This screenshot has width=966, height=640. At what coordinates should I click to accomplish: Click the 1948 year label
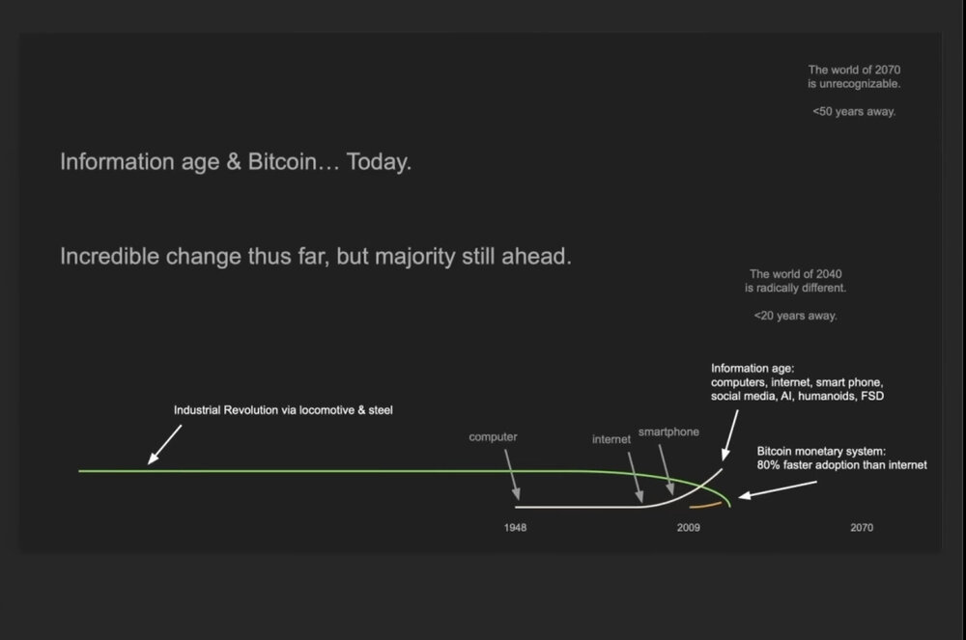tap(515, 527)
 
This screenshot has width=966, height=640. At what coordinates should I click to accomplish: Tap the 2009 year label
tap(688, 527)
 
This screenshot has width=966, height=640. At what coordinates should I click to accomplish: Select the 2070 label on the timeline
tap(862, 527)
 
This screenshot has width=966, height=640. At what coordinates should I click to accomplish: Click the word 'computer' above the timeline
tap(493, 437)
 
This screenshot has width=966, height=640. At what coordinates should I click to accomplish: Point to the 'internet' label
tap(611, 439)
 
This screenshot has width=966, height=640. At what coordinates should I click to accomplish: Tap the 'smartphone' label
tap(668, 432)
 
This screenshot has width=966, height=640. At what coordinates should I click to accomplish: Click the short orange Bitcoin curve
tap(705, 505)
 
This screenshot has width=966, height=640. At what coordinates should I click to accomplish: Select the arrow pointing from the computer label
tap(512, 475)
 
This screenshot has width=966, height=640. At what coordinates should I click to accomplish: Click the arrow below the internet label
tap(636, 478)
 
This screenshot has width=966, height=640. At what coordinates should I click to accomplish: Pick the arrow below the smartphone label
tap(666, 469)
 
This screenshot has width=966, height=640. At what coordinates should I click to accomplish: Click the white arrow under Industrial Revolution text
tap(164, 444)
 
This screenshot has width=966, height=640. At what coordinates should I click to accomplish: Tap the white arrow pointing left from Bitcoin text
tap(778, 489)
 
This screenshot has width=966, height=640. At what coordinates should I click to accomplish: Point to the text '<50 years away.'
tap(854, 111)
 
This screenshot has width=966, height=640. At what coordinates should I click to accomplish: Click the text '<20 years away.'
tap(795, 316)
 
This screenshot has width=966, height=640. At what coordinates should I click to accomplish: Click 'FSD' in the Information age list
tap(871, 396)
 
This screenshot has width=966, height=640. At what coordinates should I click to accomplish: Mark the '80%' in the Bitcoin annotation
tap(768, 465)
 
